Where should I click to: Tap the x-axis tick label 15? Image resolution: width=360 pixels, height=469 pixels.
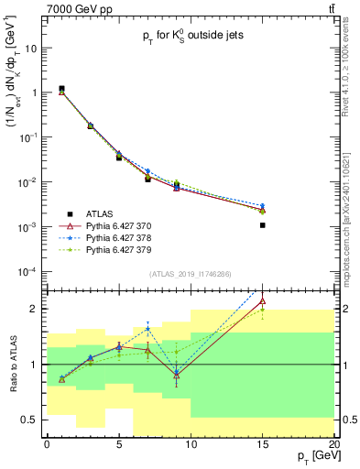tap(263, 444)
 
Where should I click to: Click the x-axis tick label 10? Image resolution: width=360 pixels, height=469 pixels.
tap(191, 444)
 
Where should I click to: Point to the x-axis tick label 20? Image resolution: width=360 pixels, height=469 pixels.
tap(334, 444)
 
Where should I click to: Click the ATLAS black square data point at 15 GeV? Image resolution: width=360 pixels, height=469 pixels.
tap(263, 224)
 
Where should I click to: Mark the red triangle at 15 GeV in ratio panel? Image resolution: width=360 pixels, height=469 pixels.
tap(263, 300)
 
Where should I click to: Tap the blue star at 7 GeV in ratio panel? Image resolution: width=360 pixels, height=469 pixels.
tap(147, 330)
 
